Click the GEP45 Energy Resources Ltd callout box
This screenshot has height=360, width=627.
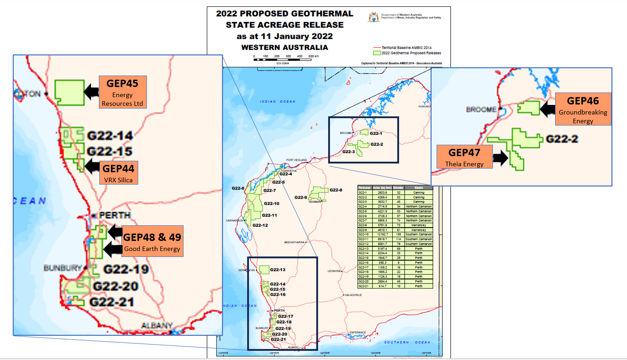click(x=123, y=92)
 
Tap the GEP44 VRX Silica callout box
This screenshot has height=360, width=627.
click(x=118, y=172)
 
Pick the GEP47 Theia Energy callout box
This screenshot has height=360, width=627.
click(x=465, y=157)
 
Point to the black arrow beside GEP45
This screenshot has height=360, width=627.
click(x=92, y=92)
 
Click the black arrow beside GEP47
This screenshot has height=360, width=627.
click(x=501, y=158)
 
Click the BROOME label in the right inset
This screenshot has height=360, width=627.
click(x=481, y=109)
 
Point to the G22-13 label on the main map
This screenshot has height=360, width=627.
click(x=278, y=270)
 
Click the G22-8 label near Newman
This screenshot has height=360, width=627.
click(x=335, y=190)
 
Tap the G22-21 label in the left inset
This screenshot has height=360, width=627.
click(x=112, y=302)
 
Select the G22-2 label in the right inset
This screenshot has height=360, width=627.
click(x=561, y=138)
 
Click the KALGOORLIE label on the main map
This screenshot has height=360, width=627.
click(x=354, y=295)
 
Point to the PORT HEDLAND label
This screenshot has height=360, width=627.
click(x=296, y=160)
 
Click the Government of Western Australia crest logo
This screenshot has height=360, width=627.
click(x=374, y=17)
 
